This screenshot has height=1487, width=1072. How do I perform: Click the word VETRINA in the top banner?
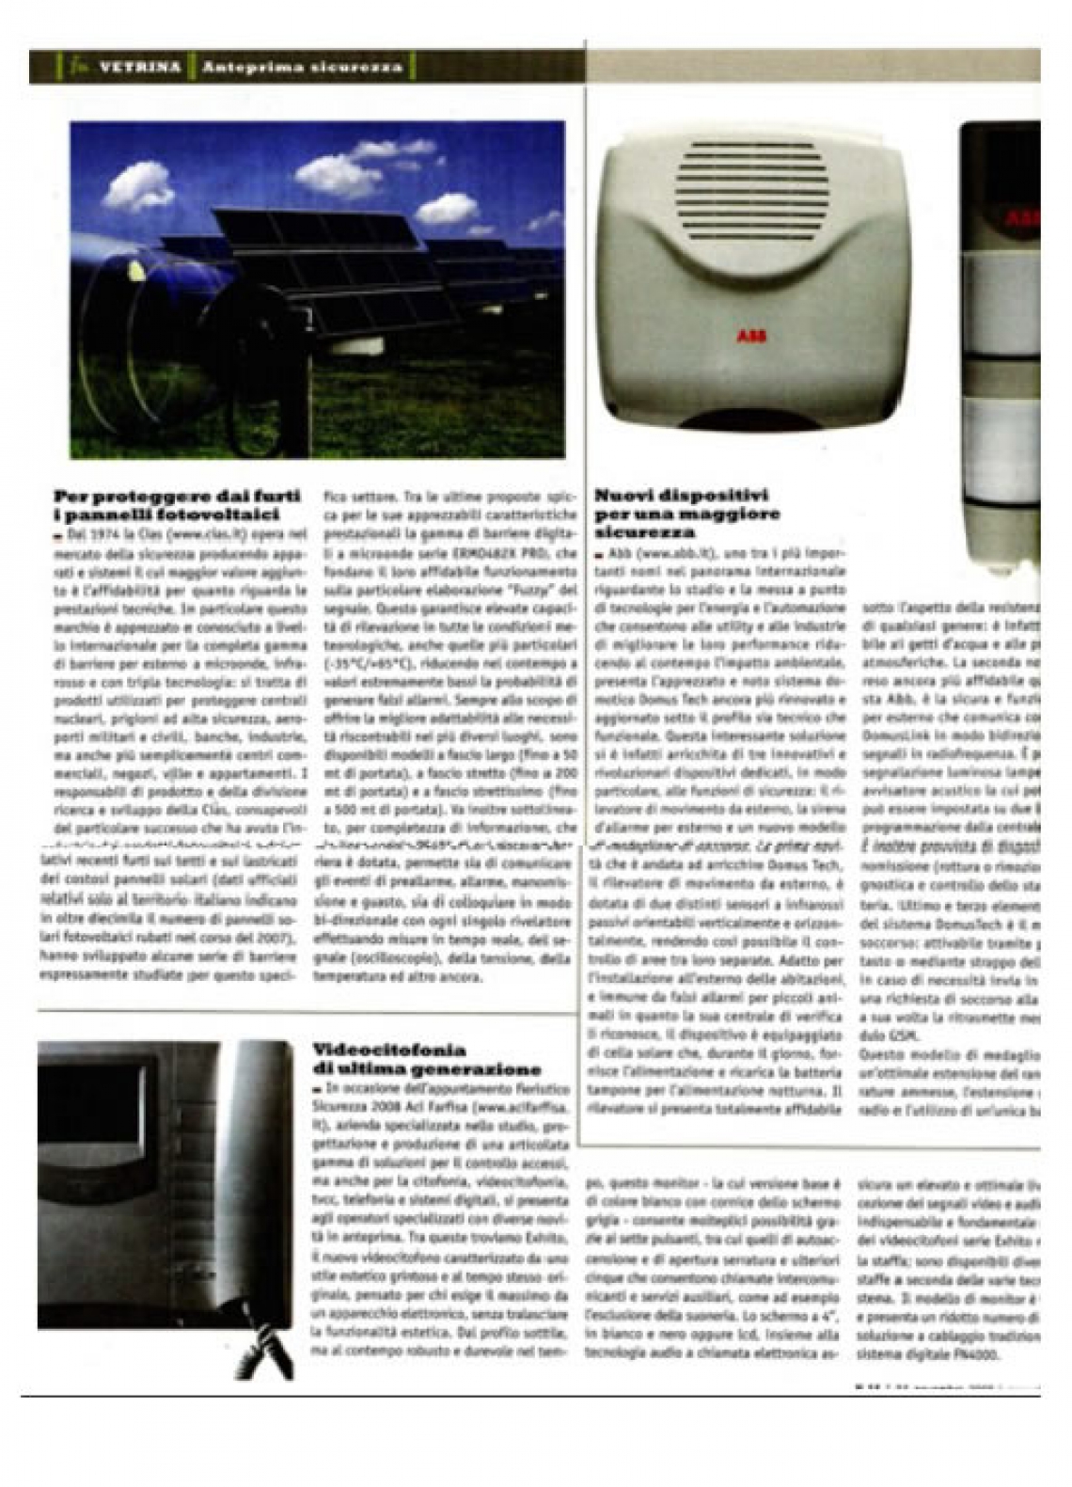click(138, 68)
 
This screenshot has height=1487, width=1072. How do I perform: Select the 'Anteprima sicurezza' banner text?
click(302, 68)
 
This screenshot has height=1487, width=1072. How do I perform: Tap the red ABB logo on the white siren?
click(750, 336)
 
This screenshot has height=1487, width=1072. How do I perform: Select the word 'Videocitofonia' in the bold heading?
click(388, 1050)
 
